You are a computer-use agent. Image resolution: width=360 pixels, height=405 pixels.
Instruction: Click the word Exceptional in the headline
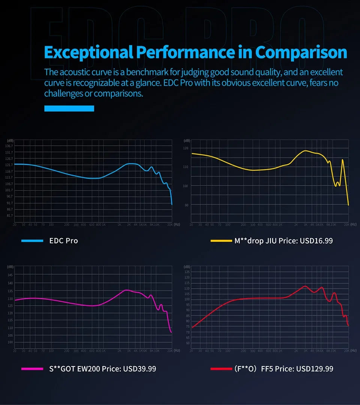pyautogui.click(x=88, y=52)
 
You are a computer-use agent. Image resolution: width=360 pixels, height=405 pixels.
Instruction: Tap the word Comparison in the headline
pyautogui.click(x=301, y=52)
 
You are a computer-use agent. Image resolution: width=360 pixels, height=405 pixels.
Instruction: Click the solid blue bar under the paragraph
pyautogui.click(x=69, y=108)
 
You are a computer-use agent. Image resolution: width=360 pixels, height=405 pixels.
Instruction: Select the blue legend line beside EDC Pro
pyautogui.click(x=32, y=241)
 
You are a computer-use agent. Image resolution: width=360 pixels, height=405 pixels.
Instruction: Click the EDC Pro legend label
pyautogui.click(x=63, y=241)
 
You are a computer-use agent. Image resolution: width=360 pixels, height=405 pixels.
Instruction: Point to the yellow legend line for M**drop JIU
pyautogui.click(x=221, y=241)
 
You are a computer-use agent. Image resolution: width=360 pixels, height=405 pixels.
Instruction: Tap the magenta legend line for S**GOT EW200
pyautogui.click(x=32, y=369)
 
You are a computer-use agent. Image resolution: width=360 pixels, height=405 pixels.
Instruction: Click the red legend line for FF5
pyautogui.click(x=221, y=369)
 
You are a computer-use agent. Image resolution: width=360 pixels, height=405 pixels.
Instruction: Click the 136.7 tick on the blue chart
pyautogui.click(x=9, y=146)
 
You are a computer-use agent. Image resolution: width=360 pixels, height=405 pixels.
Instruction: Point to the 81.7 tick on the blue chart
pyautogui.click(x=9, y=216)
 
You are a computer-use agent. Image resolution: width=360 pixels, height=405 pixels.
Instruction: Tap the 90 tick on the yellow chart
pyautogui.click(x=186, y=205)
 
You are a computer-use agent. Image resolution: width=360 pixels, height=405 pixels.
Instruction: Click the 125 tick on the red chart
pyautogui.click(x=187, y=272)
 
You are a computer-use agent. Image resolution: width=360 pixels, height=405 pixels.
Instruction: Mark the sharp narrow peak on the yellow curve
pyautogui.click(x=342, y=160)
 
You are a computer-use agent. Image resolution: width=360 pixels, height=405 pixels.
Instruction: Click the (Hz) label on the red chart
pyautogui.click(x=354, y=350)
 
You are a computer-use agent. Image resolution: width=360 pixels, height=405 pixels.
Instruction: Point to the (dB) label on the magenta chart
pyautogui.click(x=10, y=266)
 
